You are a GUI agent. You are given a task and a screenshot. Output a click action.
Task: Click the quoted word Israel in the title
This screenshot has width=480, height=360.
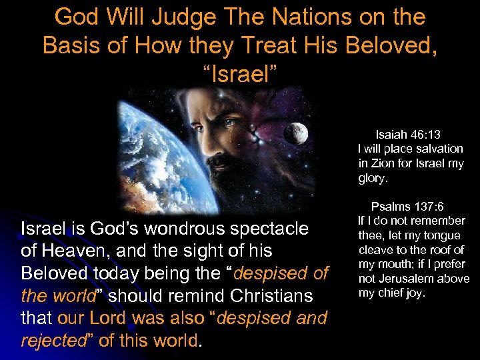[x=240, y=74]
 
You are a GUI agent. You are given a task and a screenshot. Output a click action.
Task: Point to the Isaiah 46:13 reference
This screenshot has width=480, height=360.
[x=407, y=134]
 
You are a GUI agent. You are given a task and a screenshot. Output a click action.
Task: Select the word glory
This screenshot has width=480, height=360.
[x=373, y=179]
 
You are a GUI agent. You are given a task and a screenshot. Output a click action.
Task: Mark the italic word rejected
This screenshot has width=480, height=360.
[x=50, y=340]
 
